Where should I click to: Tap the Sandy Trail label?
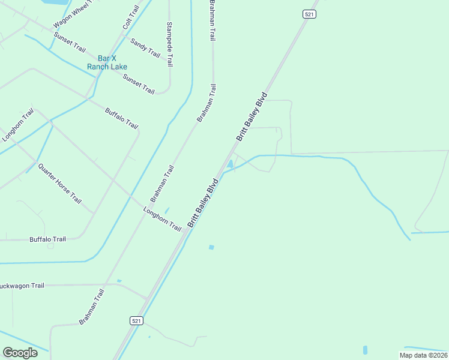coord(145,48)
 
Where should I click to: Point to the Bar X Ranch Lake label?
coord(106,62)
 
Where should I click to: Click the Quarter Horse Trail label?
coord(59,183)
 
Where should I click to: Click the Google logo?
coord(20,353)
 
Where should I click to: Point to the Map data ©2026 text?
coord(423,355)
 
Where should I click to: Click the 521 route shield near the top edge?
coord(309,14)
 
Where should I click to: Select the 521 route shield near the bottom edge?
coord(136,321)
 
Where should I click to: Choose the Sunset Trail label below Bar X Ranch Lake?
coord(139,84)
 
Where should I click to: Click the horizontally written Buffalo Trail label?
coord(47,239)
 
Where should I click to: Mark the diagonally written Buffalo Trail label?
coord(122,119)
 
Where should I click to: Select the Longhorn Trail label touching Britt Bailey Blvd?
coord(162,219)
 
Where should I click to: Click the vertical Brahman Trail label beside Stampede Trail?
coord(211,20)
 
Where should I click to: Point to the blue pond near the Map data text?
coord(365,350)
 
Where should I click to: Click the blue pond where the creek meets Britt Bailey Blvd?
coord(230,164)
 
